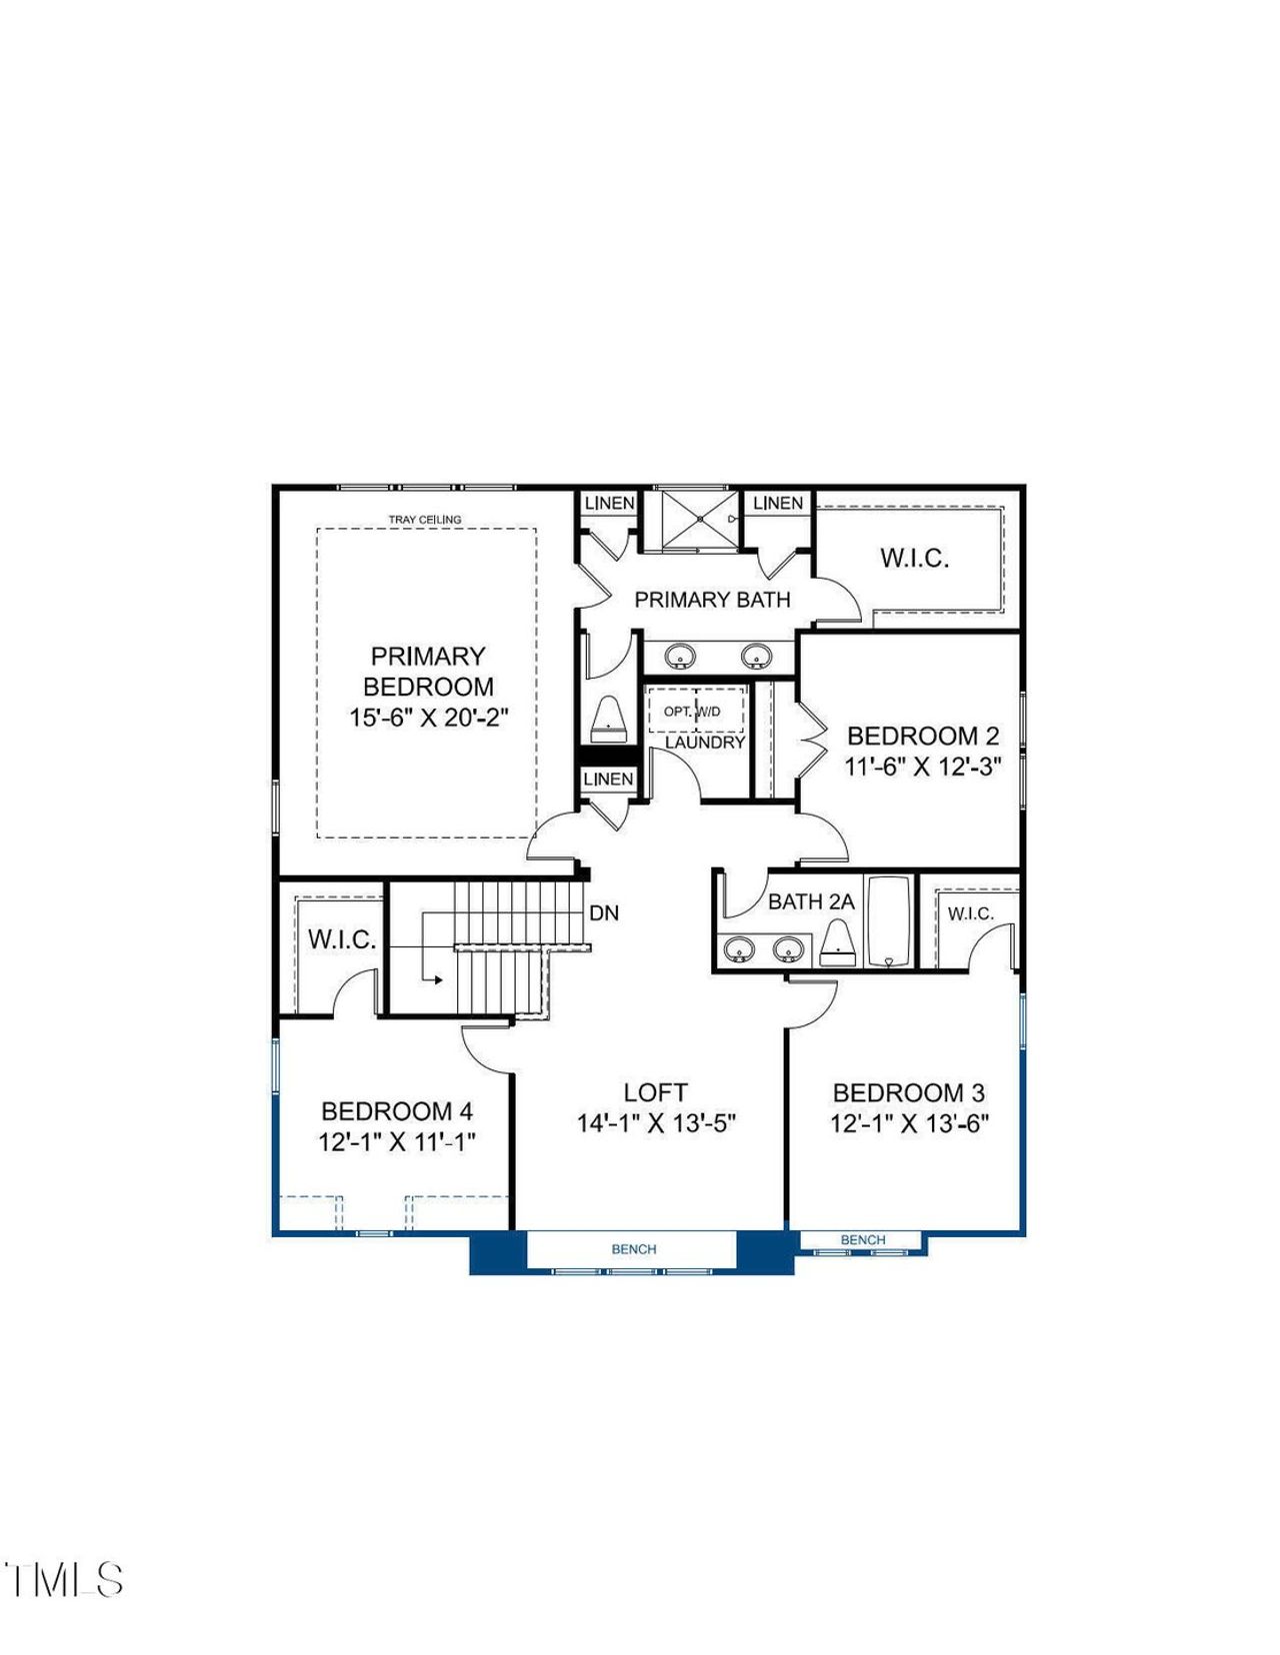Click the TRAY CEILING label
point(425,520)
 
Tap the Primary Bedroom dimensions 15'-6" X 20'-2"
point(429,718)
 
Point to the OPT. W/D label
point(692,712)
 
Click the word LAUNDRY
point(705,743)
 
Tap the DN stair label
point(604,912)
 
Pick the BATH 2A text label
point(811,901)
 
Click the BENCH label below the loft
point(634,1249)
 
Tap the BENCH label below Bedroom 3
point(863,1240)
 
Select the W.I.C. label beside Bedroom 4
point(342,939)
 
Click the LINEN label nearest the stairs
point(608,779)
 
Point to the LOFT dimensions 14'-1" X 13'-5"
point(656,1123)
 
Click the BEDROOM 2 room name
point(922,737)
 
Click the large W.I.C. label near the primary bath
point(914,558)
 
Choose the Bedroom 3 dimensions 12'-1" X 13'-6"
point(909,1123)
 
